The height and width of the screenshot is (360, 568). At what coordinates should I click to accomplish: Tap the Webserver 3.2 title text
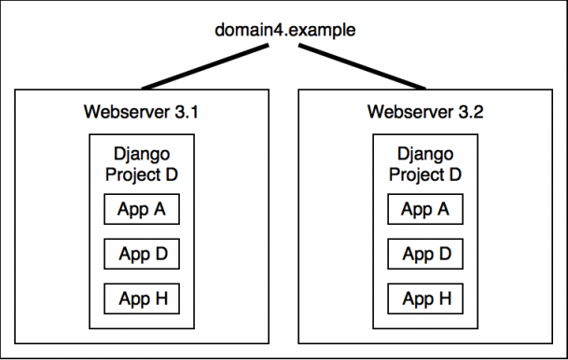coord(425,113)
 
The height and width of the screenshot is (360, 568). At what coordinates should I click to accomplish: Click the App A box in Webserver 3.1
coord(142,209)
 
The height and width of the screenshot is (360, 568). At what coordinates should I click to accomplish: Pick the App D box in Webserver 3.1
coord(142,254)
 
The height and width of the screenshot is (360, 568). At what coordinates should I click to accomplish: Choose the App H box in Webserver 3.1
coord(142,298)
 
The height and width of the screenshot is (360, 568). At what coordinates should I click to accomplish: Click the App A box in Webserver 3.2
coord(425,209)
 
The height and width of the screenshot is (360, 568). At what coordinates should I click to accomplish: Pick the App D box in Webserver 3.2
coord(425,254)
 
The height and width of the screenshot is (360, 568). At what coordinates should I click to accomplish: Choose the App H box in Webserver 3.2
coord(425,298)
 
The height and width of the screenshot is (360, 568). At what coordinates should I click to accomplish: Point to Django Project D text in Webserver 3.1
coord(142,163)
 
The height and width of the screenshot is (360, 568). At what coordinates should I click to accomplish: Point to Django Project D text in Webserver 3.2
coord(425,163)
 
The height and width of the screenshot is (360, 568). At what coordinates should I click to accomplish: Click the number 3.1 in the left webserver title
coord(187,113)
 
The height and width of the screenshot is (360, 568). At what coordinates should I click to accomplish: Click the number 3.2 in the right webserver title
coord(471,113)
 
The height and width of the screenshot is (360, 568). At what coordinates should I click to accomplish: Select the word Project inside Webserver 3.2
coord(416,173)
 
